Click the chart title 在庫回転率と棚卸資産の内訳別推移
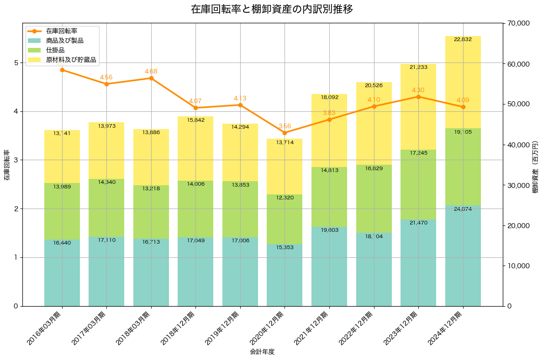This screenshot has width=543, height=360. tap(271, 9)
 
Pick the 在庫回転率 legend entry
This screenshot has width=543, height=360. tap(61, 31)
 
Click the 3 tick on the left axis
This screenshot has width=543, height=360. tap(16, 160)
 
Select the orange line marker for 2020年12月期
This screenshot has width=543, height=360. tap(285, 133)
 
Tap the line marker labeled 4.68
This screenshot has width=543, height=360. tap(151, 78)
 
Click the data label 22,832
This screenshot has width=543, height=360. tap(463, 39)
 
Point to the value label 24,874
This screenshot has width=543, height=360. tap(463, 209)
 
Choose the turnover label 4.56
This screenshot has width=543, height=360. tap(106, 78)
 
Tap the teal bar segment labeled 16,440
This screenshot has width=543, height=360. tap(62, 274)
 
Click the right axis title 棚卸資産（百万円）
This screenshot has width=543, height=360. tap(535, 167)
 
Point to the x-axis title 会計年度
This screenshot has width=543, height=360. tap(262, 352)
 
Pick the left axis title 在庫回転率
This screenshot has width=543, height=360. tap(6, 165)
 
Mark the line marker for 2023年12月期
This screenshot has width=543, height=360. tap(418, 97)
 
